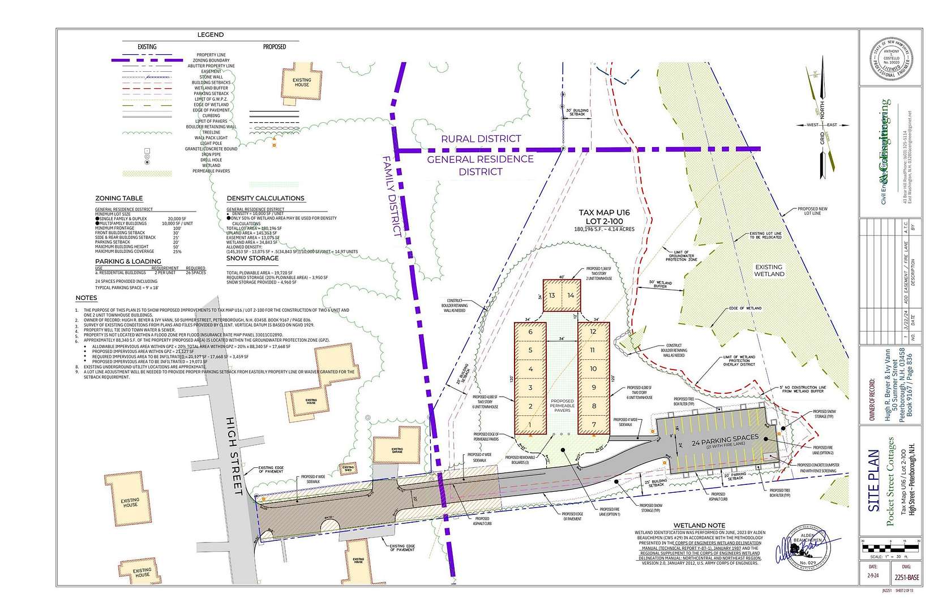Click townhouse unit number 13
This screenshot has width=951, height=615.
552,295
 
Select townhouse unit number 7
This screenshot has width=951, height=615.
593,424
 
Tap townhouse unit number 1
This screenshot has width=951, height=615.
530,424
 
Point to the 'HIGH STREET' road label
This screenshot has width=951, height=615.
234,455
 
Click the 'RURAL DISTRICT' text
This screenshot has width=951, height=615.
481,139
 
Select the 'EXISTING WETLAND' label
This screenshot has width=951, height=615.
769,270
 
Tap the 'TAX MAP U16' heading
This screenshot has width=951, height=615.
604,213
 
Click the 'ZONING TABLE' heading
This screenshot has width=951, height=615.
119,199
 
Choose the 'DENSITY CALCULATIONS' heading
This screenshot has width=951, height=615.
265,199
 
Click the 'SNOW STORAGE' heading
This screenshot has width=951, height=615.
252,258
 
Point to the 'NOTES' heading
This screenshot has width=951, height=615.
86,298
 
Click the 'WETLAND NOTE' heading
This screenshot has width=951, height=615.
699,526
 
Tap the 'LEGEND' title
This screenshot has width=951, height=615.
210,35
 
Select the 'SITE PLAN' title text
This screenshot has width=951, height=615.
873,481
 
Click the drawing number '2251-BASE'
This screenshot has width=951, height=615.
906,578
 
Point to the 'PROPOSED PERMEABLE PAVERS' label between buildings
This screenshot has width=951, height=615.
562,405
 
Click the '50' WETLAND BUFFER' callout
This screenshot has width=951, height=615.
660,284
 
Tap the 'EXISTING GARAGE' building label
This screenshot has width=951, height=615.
397,450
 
